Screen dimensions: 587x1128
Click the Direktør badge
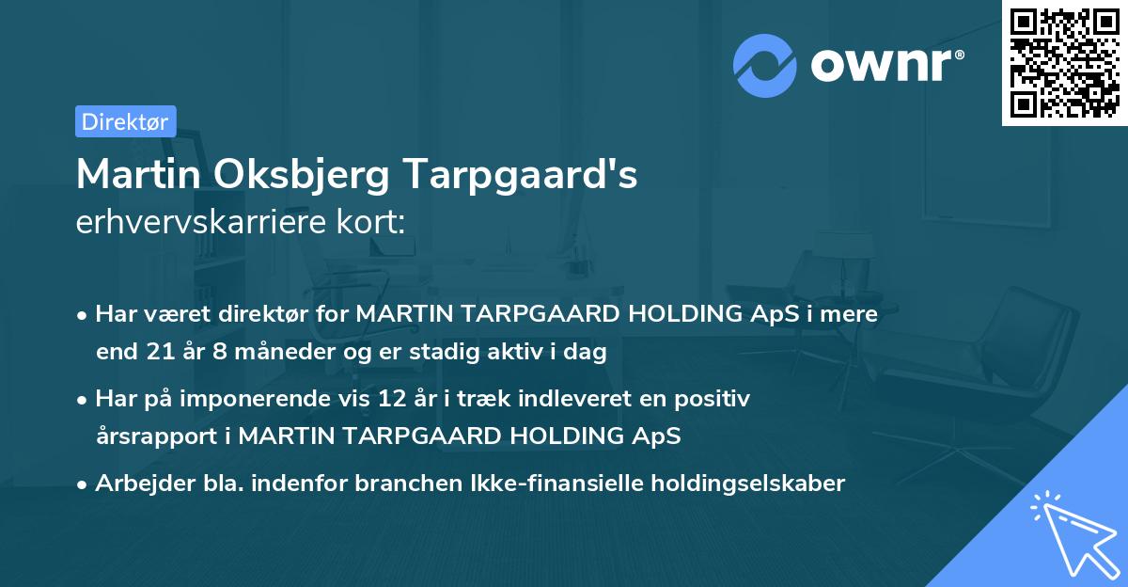click(125, 121)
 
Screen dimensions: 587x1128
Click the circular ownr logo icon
click(765, 66)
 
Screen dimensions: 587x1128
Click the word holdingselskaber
click(744, 484)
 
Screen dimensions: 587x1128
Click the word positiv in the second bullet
click(718, 399)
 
